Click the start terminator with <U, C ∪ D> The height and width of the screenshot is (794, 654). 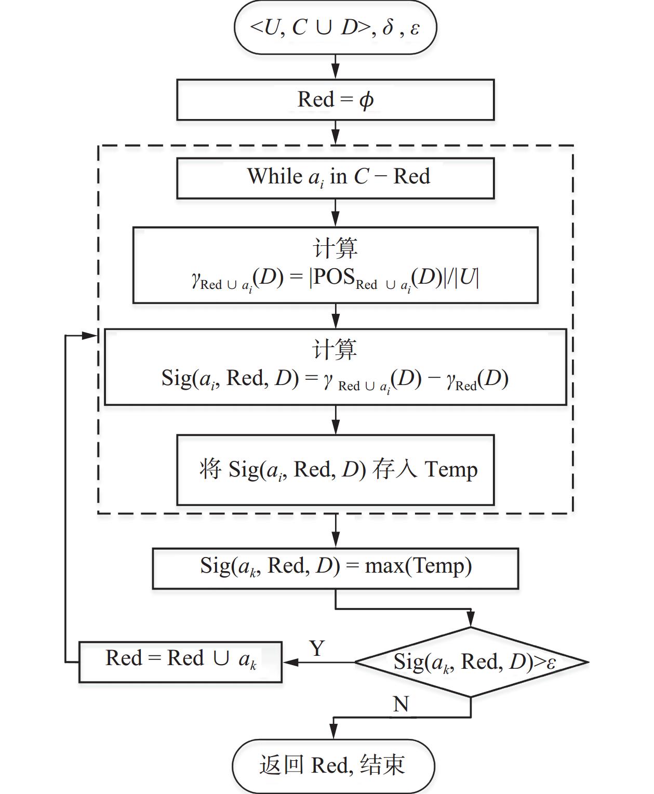(x=335, y=28)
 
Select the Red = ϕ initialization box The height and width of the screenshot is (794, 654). (x=335, y=100)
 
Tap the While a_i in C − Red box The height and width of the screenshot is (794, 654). (x=335, y=178)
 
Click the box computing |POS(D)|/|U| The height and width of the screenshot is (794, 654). (x=335, y=265)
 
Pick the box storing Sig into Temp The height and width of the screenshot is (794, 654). (x=335, y=470)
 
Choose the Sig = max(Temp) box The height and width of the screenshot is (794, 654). (x=335, y=568)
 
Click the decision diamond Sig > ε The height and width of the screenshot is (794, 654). (x=471, y=662)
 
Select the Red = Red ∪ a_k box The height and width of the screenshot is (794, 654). (x=180, y=661)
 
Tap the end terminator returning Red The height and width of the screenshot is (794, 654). (x=333, y=765)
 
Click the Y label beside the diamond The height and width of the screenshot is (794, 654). (x=317, y=649)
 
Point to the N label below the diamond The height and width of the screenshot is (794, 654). (x=401, y=705)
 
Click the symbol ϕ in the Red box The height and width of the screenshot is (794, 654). (x=366, y=100)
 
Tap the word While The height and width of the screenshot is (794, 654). (x=274, y=177)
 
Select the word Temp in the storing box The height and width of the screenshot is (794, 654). (x=451, y=470)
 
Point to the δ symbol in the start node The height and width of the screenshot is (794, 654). (x=388, y=28)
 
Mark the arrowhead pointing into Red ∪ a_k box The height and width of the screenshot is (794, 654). (x=289, y=662)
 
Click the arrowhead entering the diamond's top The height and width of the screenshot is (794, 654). (x=471, y=620)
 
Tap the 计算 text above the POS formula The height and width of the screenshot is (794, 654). (x=335, y=248)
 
